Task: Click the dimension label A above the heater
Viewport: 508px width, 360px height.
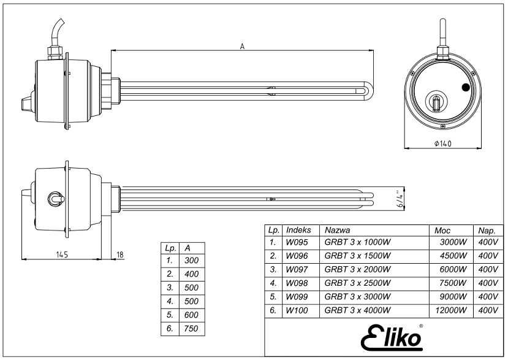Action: coord(242,47)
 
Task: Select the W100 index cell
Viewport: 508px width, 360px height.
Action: coord(295,311)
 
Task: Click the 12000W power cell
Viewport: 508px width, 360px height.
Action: coord(451,311)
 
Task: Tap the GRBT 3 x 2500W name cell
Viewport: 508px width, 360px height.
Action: coord(357,283)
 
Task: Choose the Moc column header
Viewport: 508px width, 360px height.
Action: coord(442,230)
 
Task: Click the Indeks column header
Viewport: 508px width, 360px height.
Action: coord(298,230)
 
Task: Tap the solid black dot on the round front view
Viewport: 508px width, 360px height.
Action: coord(466,88)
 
